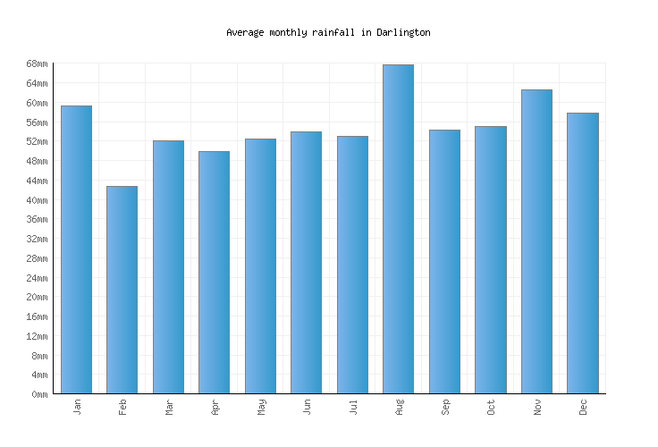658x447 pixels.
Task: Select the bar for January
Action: click(x=76, y=249)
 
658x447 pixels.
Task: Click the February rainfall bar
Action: click(x=122, y=290)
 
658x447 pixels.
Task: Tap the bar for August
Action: click(x=398, y=229)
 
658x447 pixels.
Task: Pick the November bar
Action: click(x=536, y=241)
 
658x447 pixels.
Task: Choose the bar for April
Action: click(x=214, y=272)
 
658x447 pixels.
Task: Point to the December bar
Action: click(x=582, y=253)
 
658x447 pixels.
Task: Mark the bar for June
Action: click(x=306, y=262)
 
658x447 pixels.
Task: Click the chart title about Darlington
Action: click(x=328, y=32)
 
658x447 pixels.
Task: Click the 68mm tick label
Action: click(x=37, y=63)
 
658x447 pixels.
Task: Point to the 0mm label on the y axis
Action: click(x=39, y=394)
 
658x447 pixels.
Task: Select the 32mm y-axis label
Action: click(x=37, y=239)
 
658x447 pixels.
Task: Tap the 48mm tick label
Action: click(x=37, y=161)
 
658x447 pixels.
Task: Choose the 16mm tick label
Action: click(x=37, y=316)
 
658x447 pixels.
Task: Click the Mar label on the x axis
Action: click(x=169, y=407)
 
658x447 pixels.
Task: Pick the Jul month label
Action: click(x=353, y=407)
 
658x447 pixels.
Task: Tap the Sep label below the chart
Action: click(x=445, y=407)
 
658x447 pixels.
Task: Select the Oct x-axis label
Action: click(x=491, y=407)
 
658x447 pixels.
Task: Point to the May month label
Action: click(x=261, y=407)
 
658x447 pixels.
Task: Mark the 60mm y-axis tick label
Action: click(x=37, y=103)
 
